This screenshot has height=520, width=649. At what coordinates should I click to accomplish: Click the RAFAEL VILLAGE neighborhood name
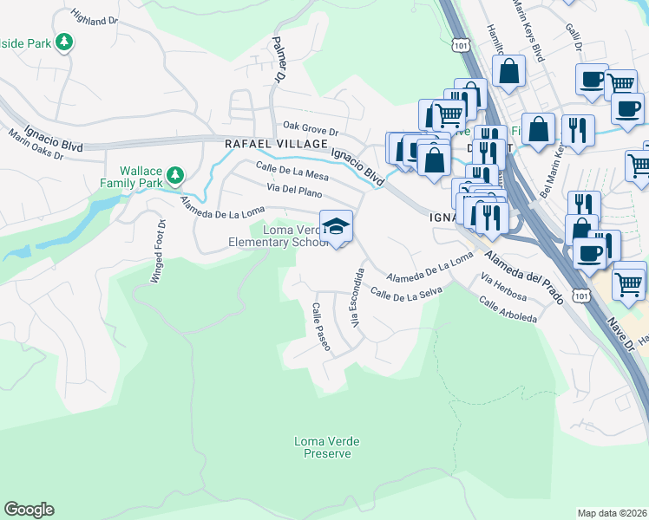[x=276, y=144]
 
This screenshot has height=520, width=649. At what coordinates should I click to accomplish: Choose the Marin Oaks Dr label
[x=36, y=146]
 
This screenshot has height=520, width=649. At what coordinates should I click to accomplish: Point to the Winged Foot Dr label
[x=161, y=250]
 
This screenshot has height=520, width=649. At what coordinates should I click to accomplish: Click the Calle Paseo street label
[x=321, y=327]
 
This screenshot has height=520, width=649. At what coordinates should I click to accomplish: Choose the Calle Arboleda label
[x=508, y=310]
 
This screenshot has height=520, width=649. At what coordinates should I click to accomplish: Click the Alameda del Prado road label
[x=526, y=277]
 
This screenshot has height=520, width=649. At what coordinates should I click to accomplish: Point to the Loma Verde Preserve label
[x=326, y=447]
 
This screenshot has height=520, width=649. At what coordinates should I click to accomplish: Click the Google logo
[x=29, y=510]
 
